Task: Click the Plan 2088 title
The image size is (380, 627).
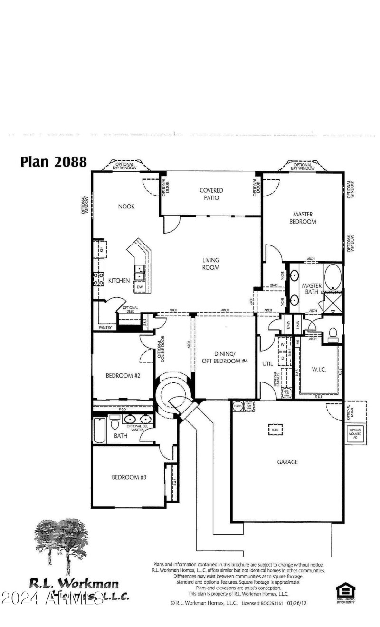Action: (53, 161)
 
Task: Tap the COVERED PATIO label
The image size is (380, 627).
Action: (211, 194)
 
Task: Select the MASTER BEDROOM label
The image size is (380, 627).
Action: (304, 218)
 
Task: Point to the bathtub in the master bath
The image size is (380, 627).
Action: (332, 277)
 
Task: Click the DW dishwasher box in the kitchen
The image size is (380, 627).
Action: (140, 287)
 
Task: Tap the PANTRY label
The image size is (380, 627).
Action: (104, 328)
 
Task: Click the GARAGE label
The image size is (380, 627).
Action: (287, 462)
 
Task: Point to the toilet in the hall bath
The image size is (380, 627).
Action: (114, 422)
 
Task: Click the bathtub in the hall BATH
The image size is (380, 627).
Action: (99, 429)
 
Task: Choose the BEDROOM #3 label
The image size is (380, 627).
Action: (129, 477)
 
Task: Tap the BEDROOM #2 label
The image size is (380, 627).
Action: (123, 375)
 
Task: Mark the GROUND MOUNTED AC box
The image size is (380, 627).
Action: (355, 433)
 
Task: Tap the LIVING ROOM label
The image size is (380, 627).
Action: (210, 264)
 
